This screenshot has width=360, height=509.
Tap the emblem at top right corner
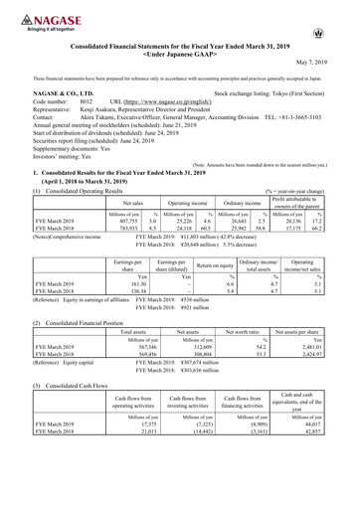tap(344, 15)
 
